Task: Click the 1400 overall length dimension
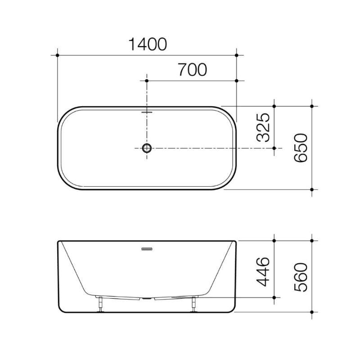pyautogui.click(x=148, y=44)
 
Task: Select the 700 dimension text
pyautogui.click(x=192, y=70)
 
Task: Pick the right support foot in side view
pyautogui.click(x=194, y=304)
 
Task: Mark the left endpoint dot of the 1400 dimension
pyautogui.click(x=58, y=55)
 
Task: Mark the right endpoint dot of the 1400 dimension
pyautogui.click(x=237, y=55)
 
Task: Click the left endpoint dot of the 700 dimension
pyautogui.click(x=147, y=81)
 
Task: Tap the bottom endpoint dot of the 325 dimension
pyautogui.click(x=275, y=148)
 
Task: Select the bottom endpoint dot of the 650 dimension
pyautogui.click(x=312, y=189)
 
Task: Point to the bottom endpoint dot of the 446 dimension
pyautogui.click(x=275, y=298)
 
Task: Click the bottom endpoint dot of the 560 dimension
pyautogui.click(x=312, y=311)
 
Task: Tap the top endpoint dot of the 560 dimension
pyautogui.click(x=312, y=241)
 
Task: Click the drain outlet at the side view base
pyautogui.click(x=147, y=298)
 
